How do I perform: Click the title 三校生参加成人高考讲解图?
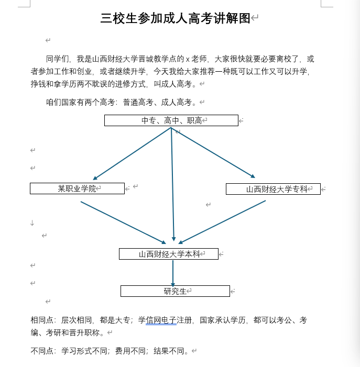[x=176, y=19]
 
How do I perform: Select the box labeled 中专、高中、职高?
[x=171, y=120]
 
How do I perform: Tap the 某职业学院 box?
[x=77, y=188]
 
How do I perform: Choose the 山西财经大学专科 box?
[x=273, y=189]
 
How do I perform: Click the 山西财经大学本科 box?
[x=168, y=254]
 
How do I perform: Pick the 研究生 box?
[x=175, y=291]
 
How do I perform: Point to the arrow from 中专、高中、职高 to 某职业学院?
[x=131, y=154]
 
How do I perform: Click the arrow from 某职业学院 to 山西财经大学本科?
[x=123, y=223]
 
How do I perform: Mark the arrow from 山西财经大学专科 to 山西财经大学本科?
[x=222, y=222]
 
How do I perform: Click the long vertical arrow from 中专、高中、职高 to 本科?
[x=172, y=188]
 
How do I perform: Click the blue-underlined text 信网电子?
[x=161, y=320]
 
